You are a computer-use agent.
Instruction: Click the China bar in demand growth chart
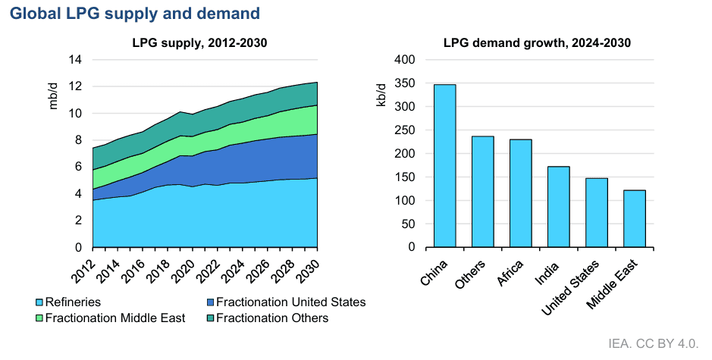pyautogui.click(x=444, y=166)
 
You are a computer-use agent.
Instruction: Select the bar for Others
pyautogui.click(x=482, y=192)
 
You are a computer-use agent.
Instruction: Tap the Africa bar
pyautogui.click(x=520, y=193)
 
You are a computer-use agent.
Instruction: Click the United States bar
pyautogui.click(x=596, y=213)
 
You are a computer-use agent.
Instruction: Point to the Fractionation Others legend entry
pyautogui.click(x=272, y=318)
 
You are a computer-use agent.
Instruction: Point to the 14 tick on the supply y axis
pyautogui.click(x=76, y=60)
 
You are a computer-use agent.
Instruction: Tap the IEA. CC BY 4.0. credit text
pyautogui.click(x=654, y=343)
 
